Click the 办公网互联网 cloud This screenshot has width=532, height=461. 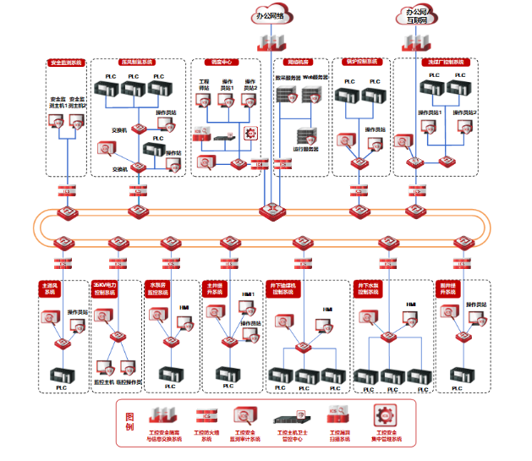click(x=416, y=14)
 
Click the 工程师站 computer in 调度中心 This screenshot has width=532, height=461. click(x=204, y=101)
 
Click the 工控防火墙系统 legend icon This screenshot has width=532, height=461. click(x=206, y=415)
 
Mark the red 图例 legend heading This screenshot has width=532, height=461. click(x=129, y=420)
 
